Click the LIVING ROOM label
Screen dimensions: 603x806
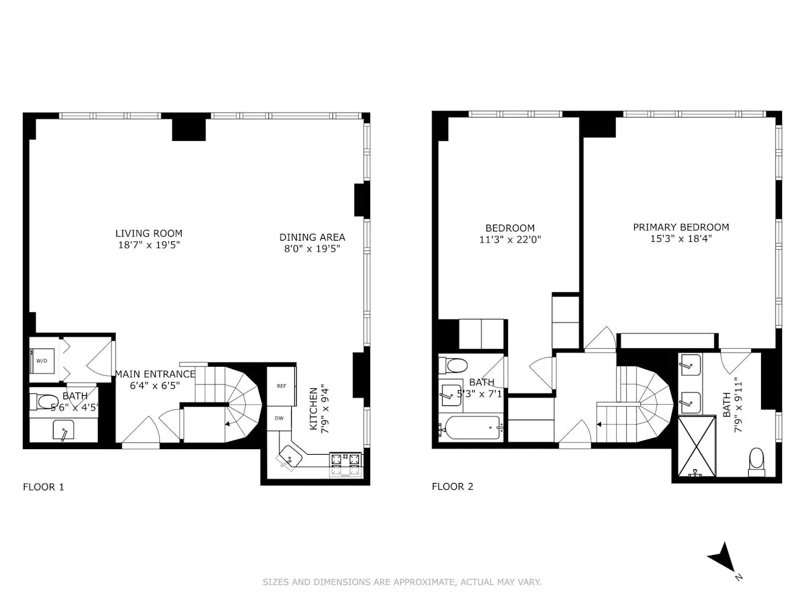[x=149, y=233]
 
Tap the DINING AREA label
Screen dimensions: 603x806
[x=312, y=237]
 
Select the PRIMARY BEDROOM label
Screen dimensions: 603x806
[x=681, y=227]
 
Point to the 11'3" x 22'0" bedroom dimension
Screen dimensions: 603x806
[x=510, y=240]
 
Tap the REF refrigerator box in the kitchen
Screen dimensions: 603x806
[x=281, y=386]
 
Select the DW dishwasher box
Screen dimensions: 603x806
[x=279, y=418]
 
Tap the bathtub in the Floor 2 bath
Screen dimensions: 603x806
[x=472, y=427]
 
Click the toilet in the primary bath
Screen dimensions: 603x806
[x=756, y=461]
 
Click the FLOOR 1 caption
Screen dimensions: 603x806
[x=43, y=487]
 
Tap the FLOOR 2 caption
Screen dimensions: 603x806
[x=453, y=487]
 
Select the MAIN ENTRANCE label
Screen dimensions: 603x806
[x=155, y=374]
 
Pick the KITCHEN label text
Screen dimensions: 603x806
[x=315, y=409]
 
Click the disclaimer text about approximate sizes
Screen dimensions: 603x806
[x=402, y=581]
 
